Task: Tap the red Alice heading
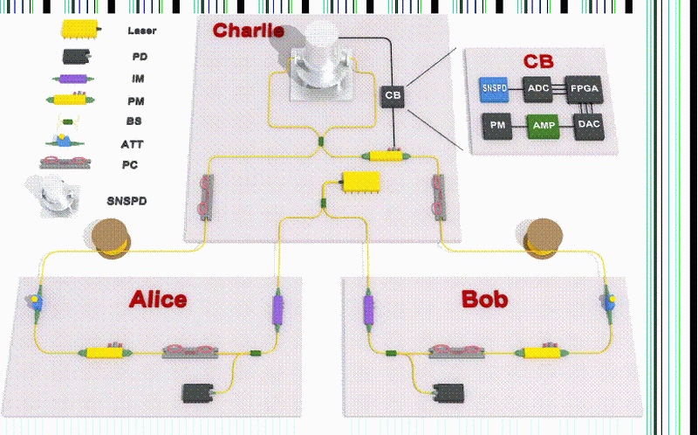click(158, 300)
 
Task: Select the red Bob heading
click(484, 300)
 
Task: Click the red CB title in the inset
click(537, 62)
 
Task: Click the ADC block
click(537, 87)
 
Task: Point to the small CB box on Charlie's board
click(393, 95)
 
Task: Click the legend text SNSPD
click(127, 201)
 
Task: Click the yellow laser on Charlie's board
click(360, 181)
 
